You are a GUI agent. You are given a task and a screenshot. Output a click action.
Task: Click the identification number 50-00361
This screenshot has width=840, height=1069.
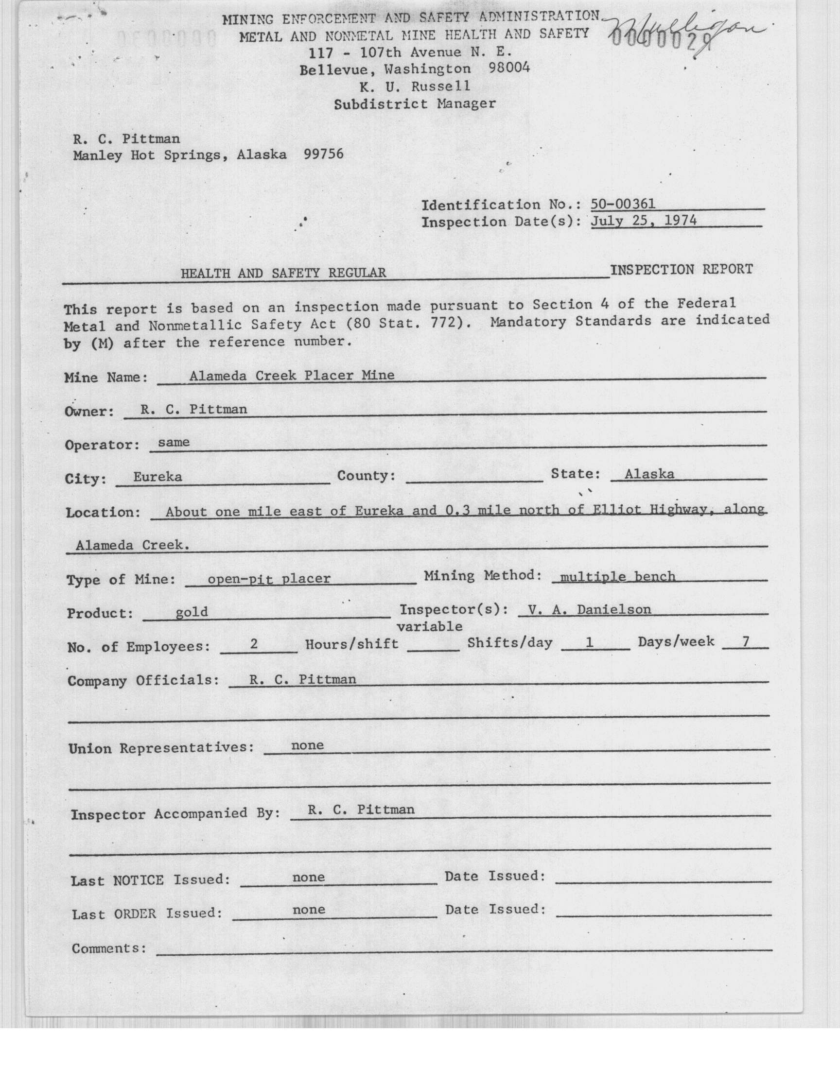tap(623, 204)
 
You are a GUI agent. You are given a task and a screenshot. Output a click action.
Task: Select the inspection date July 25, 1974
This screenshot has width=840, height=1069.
tap(643, 221)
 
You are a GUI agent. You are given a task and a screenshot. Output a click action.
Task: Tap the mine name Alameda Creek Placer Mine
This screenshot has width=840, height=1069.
tap(292, 376)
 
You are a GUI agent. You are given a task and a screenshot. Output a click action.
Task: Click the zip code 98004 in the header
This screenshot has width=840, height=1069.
tap(509, 69)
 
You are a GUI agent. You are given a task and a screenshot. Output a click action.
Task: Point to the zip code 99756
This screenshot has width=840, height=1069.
tap(324, 155)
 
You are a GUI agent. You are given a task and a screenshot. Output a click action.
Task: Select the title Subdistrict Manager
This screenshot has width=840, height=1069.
tap(415, 103)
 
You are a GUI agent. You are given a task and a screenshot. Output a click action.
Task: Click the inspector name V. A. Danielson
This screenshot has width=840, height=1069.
tap(589, 609)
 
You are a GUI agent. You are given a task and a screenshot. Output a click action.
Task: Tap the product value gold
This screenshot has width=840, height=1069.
tap(192, 612)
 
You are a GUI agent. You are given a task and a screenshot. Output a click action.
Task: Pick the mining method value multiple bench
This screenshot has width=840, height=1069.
tap(617, 576)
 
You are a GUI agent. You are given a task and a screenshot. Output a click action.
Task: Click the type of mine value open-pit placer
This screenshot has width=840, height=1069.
tap(268, 579)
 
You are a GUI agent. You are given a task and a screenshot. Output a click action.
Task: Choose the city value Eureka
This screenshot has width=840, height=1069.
tap(157, 476)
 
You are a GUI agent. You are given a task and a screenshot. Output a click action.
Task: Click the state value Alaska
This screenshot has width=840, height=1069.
tap(648, 474)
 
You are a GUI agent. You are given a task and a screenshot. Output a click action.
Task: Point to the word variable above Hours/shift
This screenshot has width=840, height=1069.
tap(429, 626)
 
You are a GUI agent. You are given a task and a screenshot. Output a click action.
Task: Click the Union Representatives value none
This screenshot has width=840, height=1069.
tap(307, 745)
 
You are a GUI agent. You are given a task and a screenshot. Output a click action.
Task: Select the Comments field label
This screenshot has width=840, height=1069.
tap(109, 948)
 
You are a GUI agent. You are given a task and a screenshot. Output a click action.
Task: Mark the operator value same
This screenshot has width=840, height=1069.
tap(174, 442)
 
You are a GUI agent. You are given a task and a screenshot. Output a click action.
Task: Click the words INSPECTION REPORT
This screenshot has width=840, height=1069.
tap(681, 269)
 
